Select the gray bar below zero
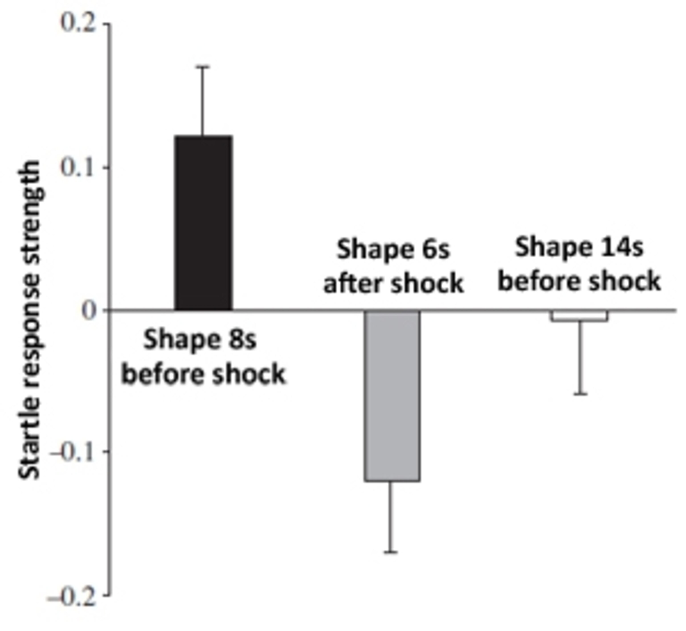tap(392, 396)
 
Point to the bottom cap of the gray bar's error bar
tap(391, 552)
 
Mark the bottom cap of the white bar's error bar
tap(581, 394)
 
